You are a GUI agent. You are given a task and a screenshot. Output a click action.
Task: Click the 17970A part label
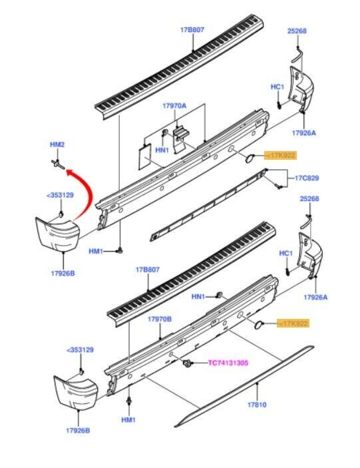pyautogui.click(x=174, y=106)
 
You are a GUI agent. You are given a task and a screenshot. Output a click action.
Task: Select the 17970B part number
pyautogui.click(x=160, y=319)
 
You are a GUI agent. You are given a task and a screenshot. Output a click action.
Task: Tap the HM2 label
pyautogui.click(x=57, y=144)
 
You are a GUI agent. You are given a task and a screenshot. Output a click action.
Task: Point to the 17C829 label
pyautogui.click(x=307, y=178)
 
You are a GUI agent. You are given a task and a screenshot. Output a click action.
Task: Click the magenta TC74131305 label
pyautogui.click(x=228, y=363)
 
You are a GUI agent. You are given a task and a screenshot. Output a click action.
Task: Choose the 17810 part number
pyautogui.click(x=257, y=405)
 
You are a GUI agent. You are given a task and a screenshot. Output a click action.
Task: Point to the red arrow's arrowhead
pyautogui.click(x=69, y=172)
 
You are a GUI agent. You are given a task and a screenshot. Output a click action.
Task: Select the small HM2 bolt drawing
pyautogui.click(x=58, y=164)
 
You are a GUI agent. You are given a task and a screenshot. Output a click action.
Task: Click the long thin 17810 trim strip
pyautogui.click(x=244, y=386)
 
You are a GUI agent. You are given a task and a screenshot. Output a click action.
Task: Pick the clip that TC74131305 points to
pyautogui.click(x=187, y=363)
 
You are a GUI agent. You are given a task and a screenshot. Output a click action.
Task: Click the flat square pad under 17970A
pyautogui.click(x=146, y=156)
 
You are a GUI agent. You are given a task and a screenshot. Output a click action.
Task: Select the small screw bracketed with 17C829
pyautogui.click(x=279, y=187)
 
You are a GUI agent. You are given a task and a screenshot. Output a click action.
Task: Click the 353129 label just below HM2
pyautogui.click(x=60, y=195)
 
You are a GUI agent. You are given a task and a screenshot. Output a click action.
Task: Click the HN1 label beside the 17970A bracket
pyautogui.click(x=162, y=150)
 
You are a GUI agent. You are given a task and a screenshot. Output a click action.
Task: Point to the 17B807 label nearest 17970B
pyautogui.click(x=147, y=270)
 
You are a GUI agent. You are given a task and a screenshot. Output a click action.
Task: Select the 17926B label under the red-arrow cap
pyautogui.click(x=63, y=273)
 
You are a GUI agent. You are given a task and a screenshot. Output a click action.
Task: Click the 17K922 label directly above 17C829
pyautogui.click(x=280, y=155)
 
